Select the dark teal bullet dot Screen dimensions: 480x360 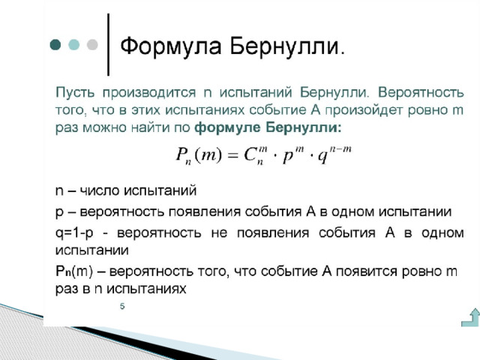[55, 45]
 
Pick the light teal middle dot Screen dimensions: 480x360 [73, 45]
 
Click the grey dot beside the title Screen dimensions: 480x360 [92, 45]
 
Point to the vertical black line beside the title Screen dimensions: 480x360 [108, 44]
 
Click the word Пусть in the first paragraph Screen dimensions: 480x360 [75, 92]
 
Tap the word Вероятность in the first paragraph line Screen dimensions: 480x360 [421, 93]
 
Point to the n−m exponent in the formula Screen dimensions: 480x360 [340, 150]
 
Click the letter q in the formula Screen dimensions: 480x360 [323, 157]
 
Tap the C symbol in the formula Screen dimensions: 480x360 [250, 155]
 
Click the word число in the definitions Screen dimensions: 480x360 [100, 191]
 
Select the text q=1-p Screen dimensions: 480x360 [74, 233]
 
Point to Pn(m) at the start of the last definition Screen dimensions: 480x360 [74, 271]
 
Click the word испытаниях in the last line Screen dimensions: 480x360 [146, 289]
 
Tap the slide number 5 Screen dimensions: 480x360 [122, 306]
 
